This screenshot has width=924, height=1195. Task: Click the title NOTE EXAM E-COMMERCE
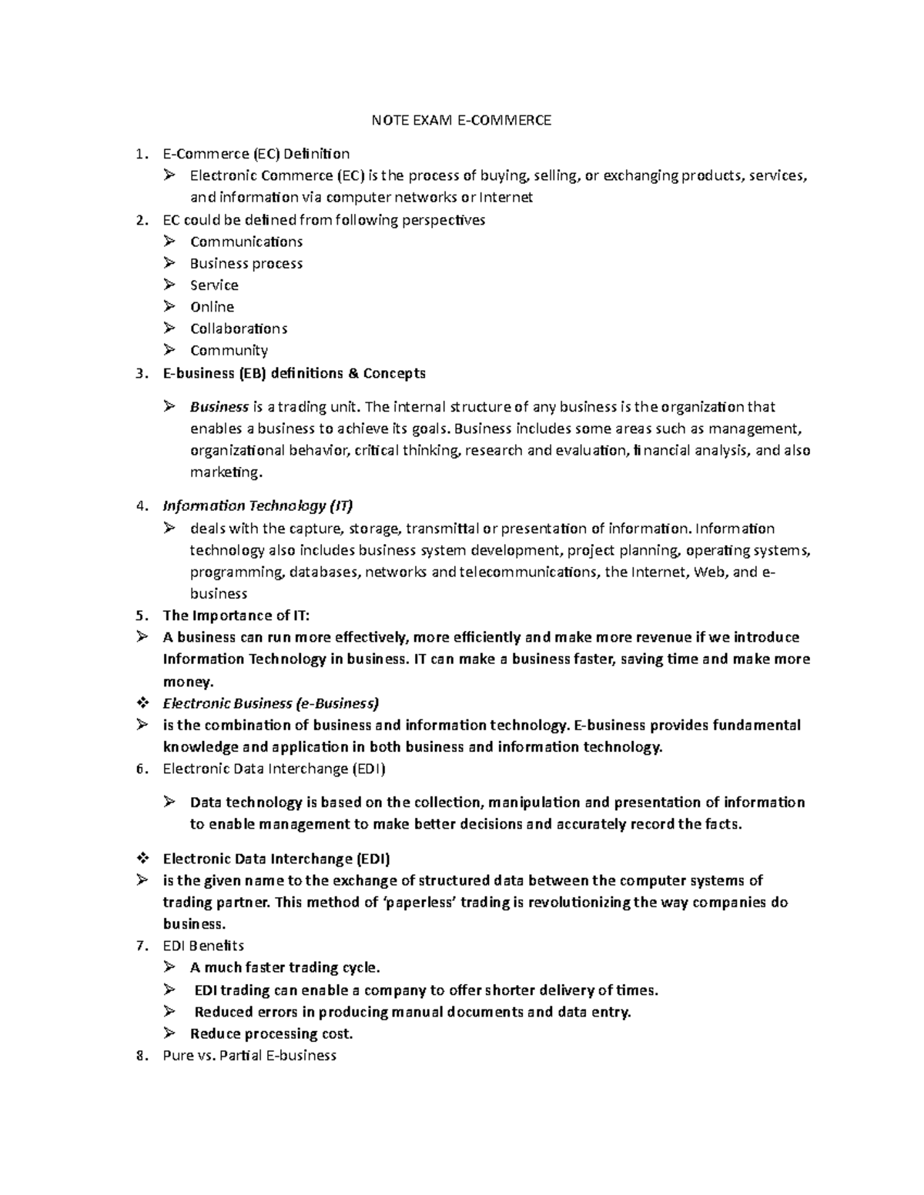[x=461, y=120]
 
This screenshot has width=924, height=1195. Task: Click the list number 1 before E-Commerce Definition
[x=139, y=154]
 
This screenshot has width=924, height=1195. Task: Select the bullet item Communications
[x=246, y=242]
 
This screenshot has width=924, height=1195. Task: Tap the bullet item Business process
[x=246, y=263]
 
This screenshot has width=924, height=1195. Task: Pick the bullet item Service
[x=214, y=285]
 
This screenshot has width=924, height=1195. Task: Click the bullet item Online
[x=212, y=306]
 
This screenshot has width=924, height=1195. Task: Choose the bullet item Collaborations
[x=239, y=329]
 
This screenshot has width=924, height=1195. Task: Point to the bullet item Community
[x=229, y=350]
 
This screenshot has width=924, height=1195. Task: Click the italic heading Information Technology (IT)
[x=258, y=506]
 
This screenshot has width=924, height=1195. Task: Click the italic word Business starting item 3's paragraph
[x=219, y=406]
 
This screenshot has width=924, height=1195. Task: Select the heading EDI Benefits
[x=203, y=945]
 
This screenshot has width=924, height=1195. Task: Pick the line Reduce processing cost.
[x=271, y=1033]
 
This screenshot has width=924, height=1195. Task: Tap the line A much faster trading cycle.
[x=285, y=967]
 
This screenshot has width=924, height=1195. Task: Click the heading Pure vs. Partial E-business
[x=249, y=1055]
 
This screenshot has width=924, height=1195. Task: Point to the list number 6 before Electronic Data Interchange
[x=139, y=769]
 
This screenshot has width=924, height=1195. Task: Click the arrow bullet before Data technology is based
[x=169, y=802]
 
